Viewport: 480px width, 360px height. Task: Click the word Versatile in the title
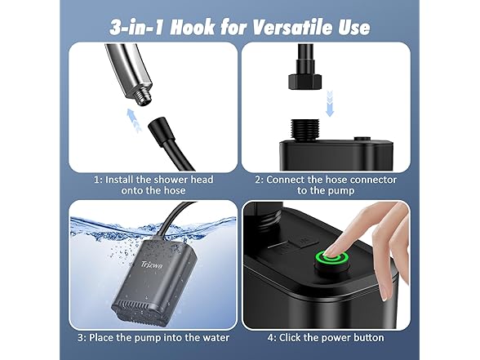291,28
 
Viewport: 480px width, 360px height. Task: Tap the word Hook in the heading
192,28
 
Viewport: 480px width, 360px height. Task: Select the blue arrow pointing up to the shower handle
134,120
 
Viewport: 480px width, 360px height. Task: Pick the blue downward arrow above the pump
330,103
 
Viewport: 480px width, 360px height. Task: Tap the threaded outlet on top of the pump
304,130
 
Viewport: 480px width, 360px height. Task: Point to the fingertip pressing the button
333,251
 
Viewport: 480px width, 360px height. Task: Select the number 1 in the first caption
96,180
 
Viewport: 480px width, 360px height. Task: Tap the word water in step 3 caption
216,338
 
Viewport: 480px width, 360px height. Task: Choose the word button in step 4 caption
369,338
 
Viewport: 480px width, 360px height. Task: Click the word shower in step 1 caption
171,180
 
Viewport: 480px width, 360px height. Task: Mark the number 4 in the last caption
271,338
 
